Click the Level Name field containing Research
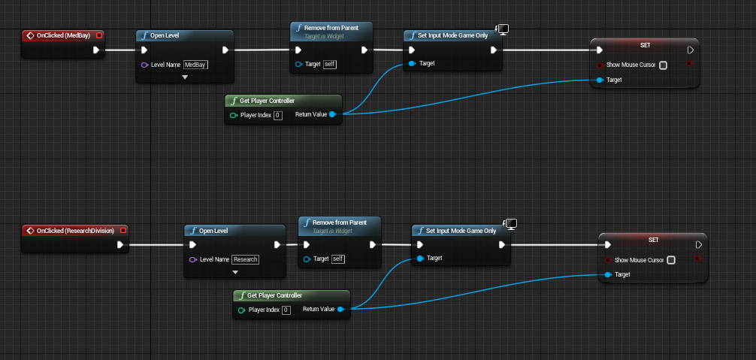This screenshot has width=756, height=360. point(245,259)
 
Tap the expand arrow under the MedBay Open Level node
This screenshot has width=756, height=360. point(185,77)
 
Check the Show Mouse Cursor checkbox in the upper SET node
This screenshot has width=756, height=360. point(663,65)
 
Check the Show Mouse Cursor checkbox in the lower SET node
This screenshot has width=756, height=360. point(671,260)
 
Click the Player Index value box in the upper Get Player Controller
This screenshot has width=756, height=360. point(277,115)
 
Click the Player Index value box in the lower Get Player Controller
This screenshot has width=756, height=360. point(286,310)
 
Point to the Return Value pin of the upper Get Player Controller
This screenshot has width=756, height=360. point(332,115)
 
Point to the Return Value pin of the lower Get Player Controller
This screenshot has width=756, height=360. point(340,310)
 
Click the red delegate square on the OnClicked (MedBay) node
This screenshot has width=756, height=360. point(99,35)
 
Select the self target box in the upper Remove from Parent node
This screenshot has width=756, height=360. point(329,65)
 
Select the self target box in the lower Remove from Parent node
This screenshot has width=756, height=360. point(338,259)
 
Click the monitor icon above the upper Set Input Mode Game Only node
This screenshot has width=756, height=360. point(503,29)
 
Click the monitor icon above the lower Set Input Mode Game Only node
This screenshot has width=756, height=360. point(511,224)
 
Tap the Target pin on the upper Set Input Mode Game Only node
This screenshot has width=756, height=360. point(410,64)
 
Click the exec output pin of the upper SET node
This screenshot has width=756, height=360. point(691,50)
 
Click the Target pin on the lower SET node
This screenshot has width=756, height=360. point(608,274)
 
